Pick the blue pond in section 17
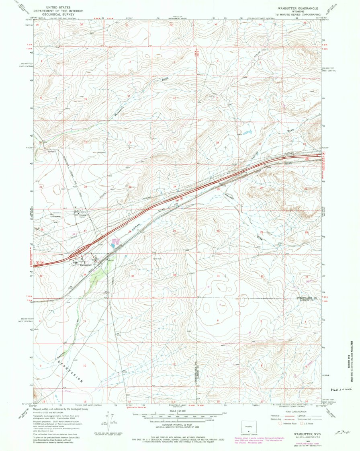(x=246, y=132)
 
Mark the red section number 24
(x=175, y=187)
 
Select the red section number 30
(x=218, y=231)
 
